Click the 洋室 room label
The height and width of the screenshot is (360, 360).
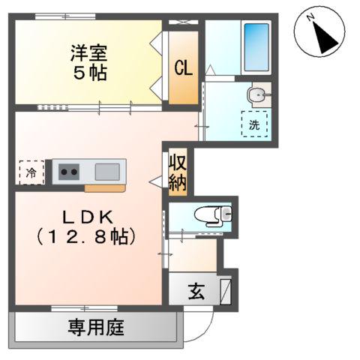click(89, 54)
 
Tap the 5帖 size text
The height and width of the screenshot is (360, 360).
click(89, 73)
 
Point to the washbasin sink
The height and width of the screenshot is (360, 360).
click(256, 95)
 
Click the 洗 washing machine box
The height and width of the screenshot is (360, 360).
click(254, 124)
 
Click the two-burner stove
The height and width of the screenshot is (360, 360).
click(70, 171)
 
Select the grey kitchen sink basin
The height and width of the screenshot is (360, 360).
click(105, 171)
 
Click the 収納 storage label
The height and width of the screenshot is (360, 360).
click(178, 172)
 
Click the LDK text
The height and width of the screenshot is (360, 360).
click(88, 217)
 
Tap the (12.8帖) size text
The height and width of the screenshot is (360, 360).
click(88, 237)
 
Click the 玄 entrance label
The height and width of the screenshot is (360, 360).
click(193, 289)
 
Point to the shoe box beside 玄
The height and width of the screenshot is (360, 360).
click(226, 289)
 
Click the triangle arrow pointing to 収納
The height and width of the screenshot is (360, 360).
click(154, 181)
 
